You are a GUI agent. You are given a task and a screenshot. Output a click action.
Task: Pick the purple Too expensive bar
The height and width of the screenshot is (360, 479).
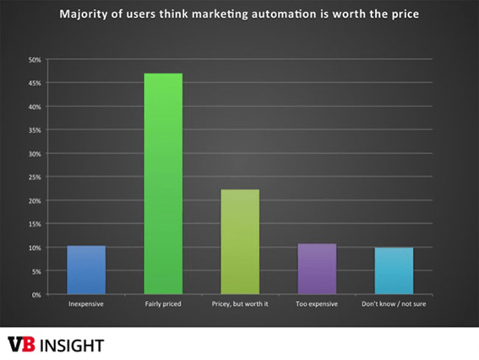pos(317,269)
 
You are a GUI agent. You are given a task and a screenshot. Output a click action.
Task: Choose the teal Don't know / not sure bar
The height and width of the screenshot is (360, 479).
pos(395,271)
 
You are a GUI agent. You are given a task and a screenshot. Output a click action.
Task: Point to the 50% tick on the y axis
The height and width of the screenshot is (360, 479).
pos(35,60)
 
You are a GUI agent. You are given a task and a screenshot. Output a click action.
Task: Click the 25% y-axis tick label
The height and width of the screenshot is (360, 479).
pos(35,177)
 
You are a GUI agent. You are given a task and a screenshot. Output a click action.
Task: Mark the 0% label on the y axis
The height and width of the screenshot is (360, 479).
pos(36,295)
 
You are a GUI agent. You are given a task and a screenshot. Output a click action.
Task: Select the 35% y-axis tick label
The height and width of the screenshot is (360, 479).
pos(35,130)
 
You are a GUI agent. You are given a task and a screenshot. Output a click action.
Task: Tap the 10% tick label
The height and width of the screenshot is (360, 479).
pos(35,248)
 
